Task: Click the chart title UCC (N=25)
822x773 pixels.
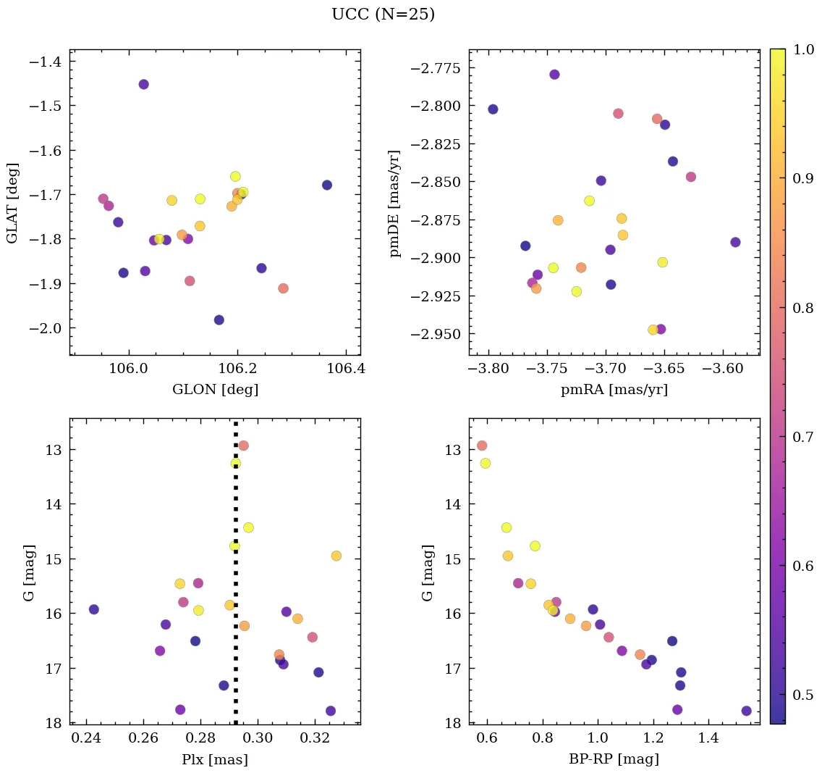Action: (383, 14)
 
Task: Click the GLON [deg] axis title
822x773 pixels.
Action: (215, 390)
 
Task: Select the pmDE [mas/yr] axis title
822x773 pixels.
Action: (394, 202)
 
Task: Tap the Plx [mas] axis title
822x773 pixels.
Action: (215, 759)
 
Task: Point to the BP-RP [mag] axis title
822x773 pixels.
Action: (614, 759)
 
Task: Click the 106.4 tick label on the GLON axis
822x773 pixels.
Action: (345, 369)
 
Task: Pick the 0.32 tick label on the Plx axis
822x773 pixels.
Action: (315, 738)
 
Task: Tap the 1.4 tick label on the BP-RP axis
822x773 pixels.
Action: (708, 738)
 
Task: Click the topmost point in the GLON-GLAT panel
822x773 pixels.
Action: (143, 84)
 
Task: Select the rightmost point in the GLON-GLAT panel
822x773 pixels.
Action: (327, 185)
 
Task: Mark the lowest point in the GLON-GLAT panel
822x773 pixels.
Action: (219, 319)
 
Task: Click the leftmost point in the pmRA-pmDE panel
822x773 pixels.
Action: (493, 109)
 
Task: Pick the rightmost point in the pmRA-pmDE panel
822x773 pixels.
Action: (735, 242)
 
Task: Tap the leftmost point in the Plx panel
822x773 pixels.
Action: (93, 609)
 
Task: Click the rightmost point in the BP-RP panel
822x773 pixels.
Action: (746, 711)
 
